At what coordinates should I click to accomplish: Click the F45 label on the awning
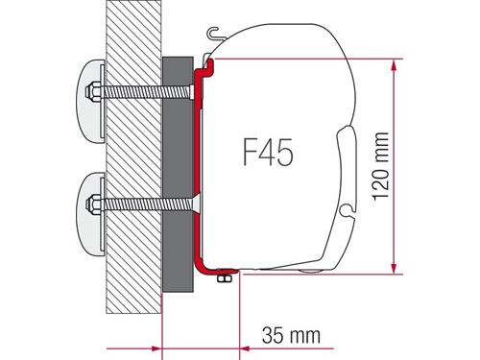tap(268, 153)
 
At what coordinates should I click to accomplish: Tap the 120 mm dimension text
tap(381, 166)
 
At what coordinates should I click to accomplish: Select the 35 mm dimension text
tap(291, 335)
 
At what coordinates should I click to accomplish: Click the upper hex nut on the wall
tap(92, 92)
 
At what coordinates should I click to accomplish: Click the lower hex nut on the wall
tap(92, 204)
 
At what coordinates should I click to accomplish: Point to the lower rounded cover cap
tap(90, 214)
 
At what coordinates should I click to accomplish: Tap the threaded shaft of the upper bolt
tap(146, 92)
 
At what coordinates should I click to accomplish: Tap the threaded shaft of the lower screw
tap(146, 204)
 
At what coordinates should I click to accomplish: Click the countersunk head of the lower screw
tap(196, 204)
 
